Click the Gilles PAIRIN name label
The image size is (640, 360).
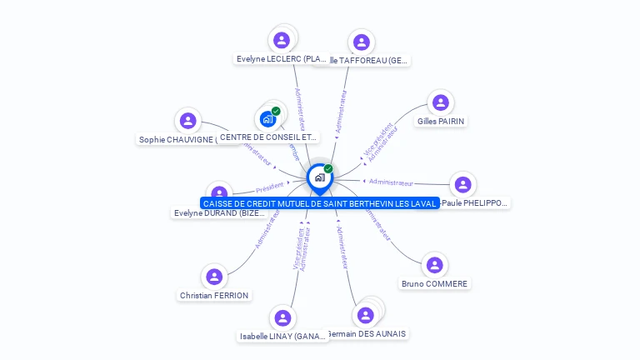[x=441, y=121]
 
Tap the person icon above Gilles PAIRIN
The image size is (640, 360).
[x=441, y=102]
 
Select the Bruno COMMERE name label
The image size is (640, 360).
[x=434, y=283]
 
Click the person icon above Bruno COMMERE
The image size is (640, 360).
[x=434, y=265]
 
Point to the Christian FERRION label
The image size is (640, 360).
[x=214, y=295]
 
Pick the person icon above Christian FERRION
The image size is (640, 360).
[x=214, y=277]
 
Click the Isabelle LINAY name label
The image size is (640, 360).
[x=282, y=336]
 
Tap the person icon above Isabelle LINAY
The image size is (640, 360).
[x=282, y=317]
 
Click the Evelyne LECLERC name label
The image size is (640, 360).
[x=281, y=59]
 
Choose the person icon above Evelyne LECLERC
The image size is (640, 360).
[x=282, y=40]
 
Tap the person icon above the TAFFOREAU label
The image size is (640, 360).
[x=361, y=42]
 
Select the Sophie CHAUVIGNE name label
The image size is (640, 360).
[x=177, y=139]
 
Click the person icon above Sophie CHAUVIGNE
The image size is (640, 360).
[x=188, y=121]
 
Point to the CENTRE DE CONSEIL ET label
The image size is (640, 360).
[x=267, y=137]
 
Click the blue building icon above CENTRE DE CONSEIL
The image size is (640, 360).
[x=267, y=119]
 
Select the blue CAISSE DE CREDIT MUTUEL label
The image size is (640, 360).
[x=320, y=203]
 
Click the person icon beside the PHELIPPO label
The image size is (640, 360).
[x=462, y=184]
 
